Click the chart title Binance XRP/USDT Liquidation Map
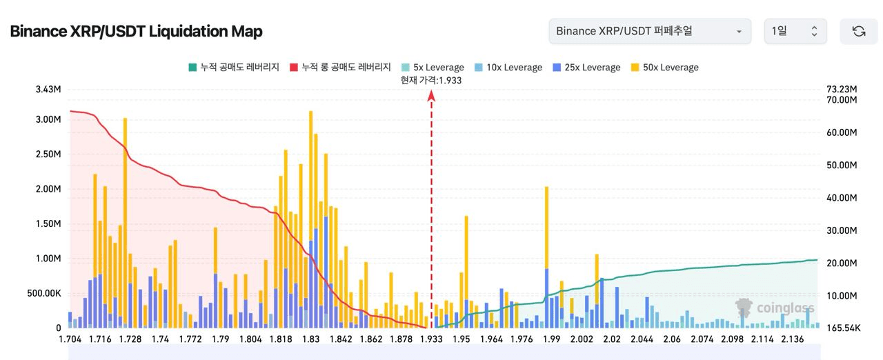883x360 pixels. [136, 32]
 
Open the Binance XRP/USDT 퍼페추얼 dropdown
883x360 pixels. [649, 31]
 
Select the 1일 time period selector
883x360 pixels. [795, 31]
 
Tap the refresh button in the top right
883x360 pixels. [858, 31]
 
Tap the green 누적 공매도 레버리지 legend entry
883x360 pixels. [234, 68]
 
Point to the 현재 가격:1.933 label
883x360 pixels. [431, 80]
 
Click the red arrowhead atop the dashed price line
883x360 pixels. [431, 97]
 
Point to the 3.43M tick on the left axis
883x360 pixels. [48, 90]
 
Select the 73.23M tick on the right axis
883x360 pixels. [840, 90]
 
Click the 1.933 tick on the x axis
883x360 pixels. [432, 339]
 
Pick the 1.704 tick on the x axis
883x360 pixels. [71, 339]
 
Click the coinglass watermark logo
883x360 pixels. [774, 308]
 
